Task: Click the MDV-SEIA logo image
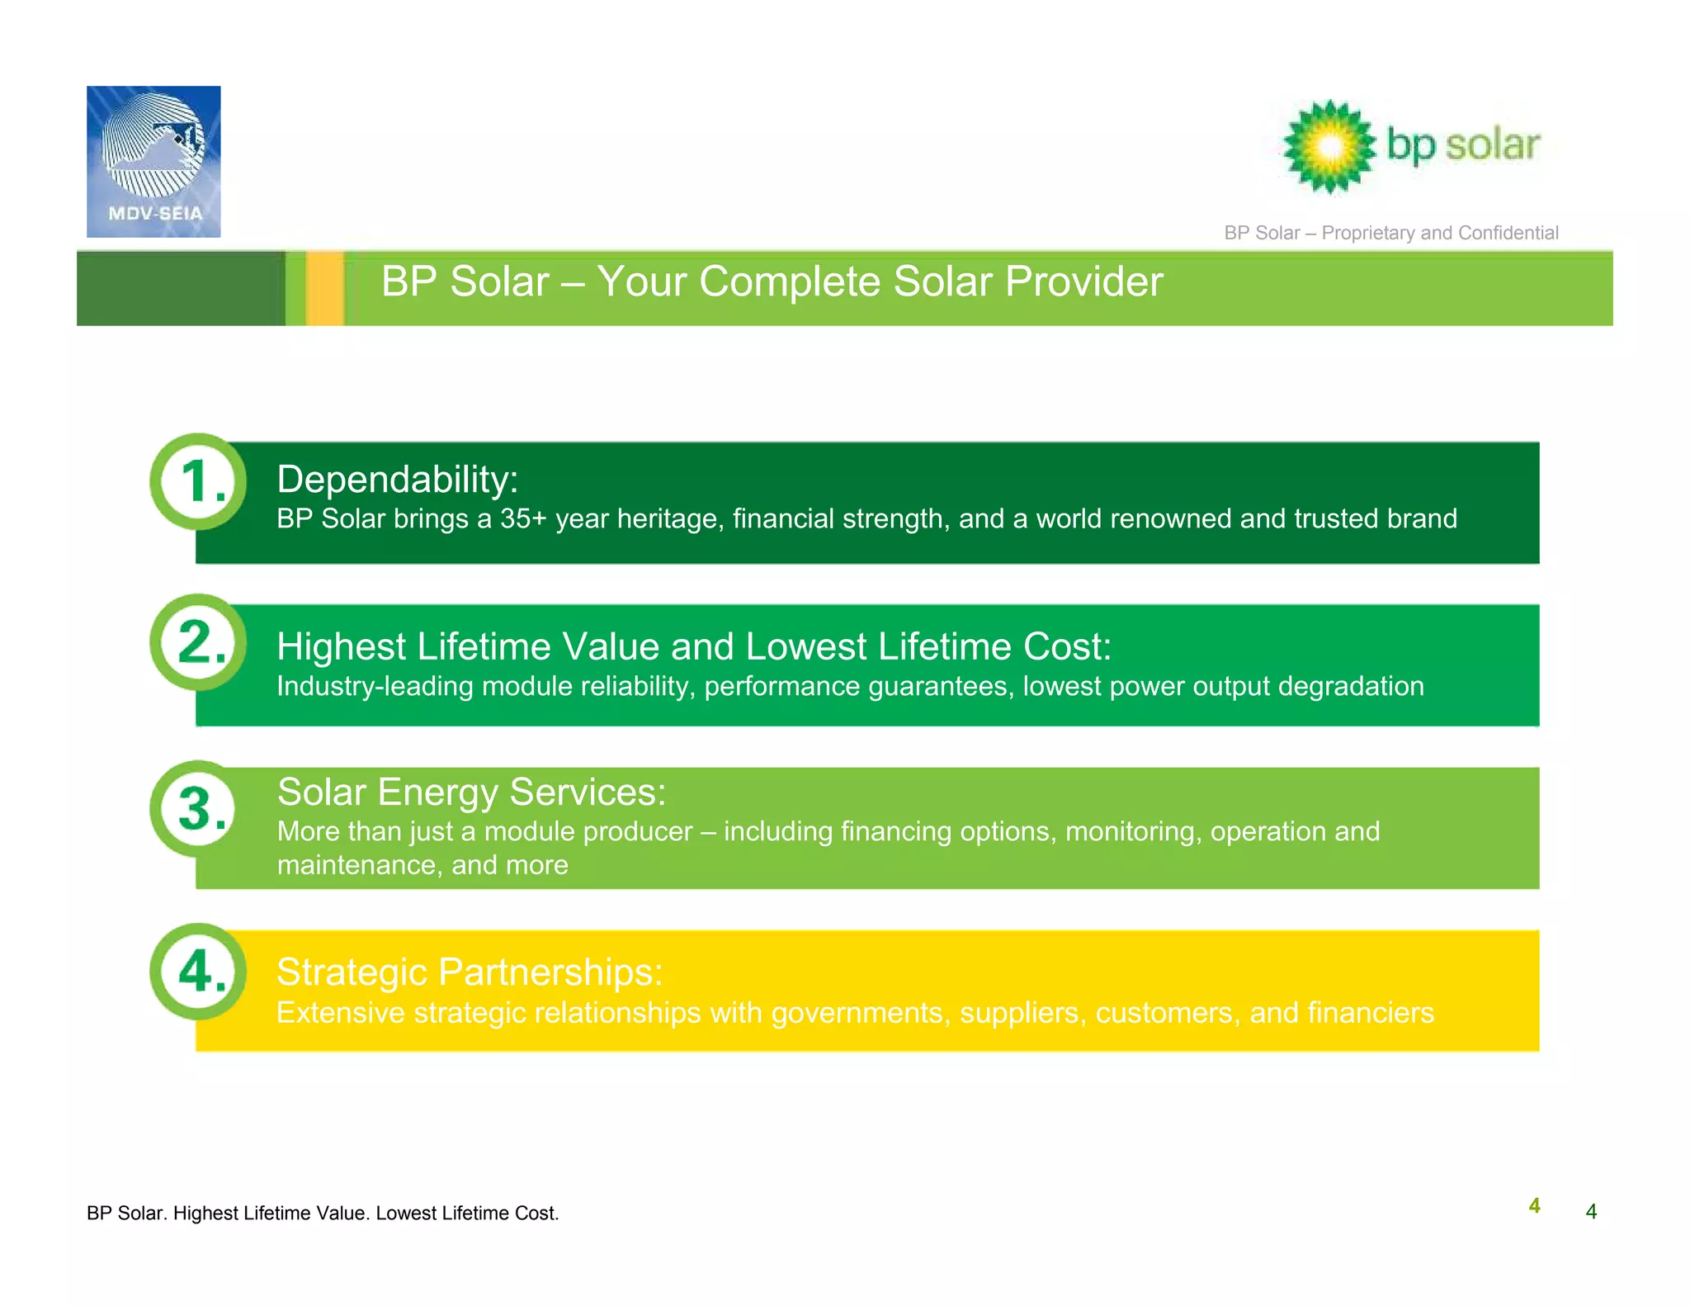point(153,162)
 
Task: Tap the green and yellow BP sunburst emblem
point(1329,147)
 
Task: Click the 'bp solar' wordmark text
point(1463,145)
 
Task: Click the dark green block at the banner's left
point(181,288)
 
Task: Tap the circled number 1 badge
point(198,481)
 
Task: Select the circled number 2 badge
point(198,642)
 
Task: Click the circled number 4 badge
point(198,971)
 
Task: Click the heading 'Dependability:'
point(397,480)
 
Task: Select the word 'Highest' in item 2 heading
point(341,646)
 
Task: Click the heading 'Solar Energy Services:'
point(471,792)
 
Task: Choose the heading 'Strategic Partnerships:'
point(469,972)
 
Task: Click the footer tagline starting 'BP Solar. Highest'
point(323,1213)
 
